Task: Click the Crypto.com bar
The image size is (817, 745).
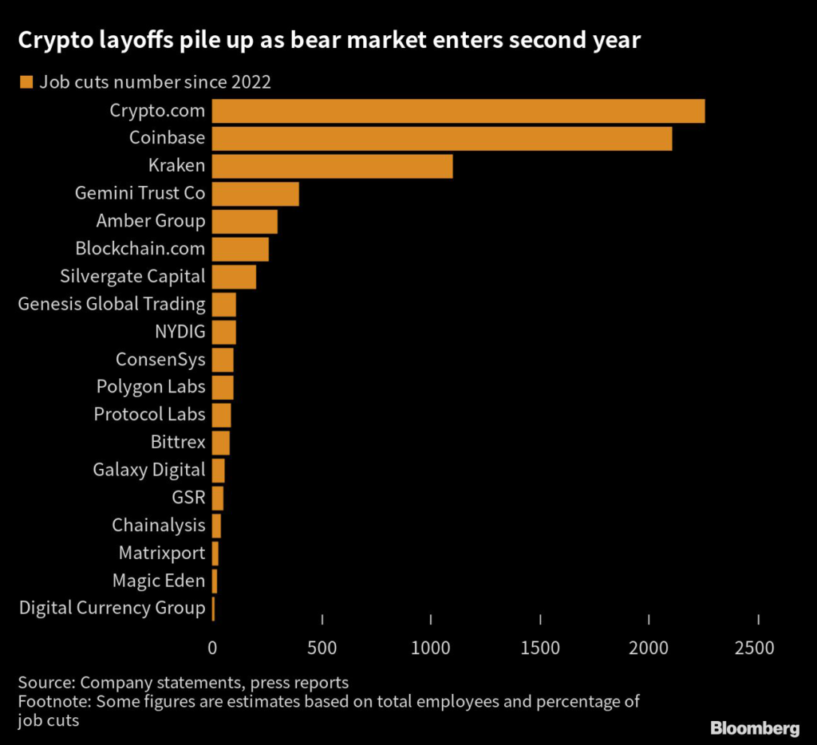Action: click(458, 111)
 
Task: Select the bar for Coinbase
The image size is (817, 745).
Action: click(442, 138)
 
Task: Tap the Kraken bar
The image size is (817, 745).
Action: click(332, 166)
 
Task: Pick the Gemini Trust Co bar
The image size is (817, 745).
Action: click(255, 194)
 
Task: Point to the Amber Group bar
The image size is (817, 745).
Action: click(244, 221)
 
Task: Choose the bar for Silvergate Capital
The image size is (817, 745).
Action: click(234, 277)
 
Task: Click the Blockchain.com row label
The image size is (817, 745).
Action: click(140, 249)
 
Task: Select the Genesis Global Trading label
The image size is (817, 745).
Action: click(111, 304)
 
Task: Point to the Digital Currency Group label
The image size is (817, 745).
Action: click(112, 608)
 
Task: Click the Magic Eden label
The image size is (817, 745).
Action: click(158, 581)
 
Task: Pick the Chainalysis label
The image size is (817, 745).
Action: click(158, 525)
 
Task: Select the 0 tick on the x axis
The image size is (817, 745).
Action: click(212, 648)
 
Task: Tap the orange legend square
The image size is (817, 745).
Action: click(26, 81)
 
